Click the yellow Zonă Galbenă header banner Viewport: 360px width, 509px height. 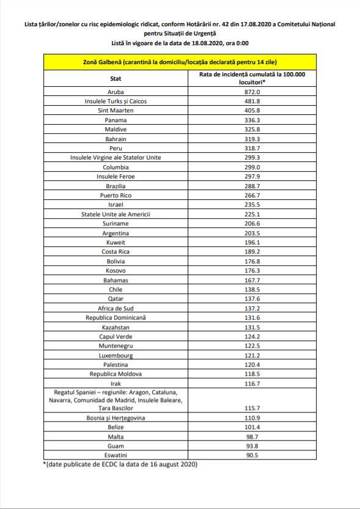tap(180, 63)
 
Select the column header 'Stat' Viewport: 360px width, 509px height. tap(116, 78)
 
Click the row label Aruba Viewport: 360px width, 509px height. tap(116, 92)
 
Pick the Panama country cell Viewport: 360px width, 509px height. tap(116, 120)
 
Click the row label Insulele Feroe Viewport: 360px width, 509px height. tap(116, 177)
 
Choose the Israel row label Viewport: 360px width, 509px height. tap(116, 205)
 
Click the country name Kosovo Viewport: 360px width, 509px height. tap(116, 271)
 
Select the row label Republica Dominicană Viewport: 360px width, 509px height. tap(116, 318)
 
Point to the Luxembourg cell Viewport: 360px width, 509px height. tap(116, 356)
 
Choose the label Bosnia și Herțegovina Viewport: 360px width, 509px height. tap(116, 417)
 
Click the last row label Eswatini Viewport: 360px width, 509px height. tap(116, 455)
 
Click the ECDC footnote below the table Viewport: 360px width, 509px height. tap(120, 465)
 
